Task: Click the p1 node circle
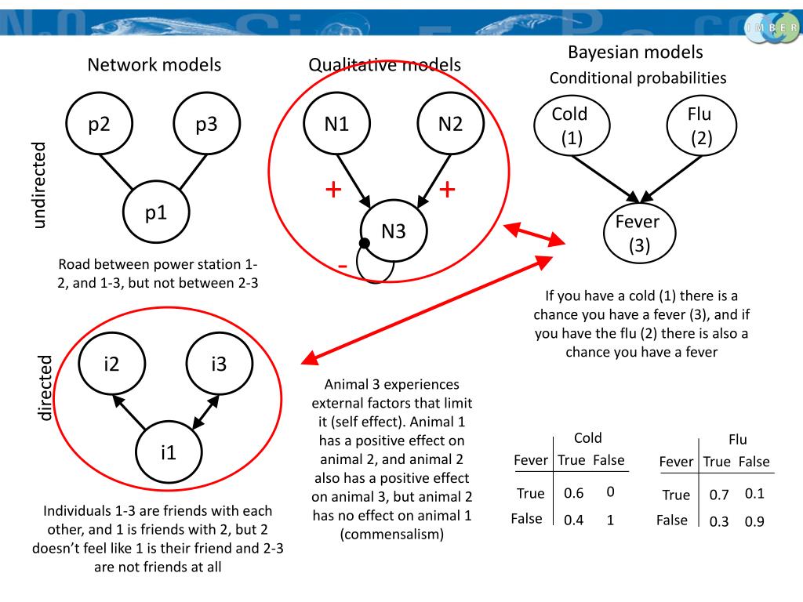pos(156,212)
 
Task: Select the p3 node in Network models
pos(206,124)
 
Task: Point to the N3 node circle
pos(394,231)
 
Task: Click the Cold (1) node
pos(570,126)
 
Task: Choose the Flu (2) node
pos(699,126)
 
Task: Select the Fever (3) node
pos(638,234)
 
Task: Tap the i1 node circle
pos(169,451)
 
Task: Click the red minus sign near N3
pos(343,267)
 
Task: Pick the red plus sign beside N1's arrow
pos(333,190)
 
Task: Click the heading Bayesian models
pos(635,53)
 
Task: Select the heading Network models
pos(154,65)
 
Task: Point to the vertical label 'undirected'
pos(39,185)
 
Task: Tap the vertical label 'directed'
pos(45,387)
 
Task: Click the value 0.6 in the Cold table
pos(573,494)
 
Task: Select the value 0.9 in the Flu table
pos(754,522)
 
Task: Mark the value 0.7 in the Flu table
pos(719,495)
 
